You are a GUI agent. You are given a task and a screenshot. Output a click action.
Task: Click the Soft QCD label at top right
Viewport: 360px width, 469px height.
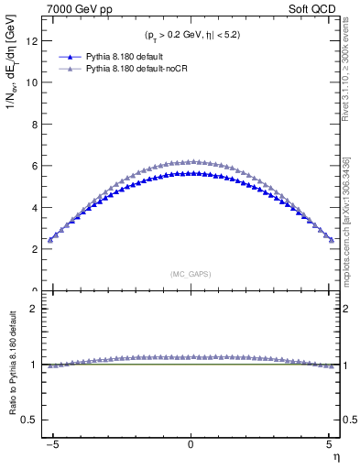pos(313,9)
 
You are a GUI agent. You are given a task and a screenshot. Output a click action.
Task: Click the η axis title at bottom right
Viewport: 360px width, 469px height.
pos(335,455)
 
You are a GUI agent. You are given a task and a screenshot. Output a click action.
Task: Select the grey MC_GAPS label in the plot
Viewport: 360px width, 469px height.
pos(191,274)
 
